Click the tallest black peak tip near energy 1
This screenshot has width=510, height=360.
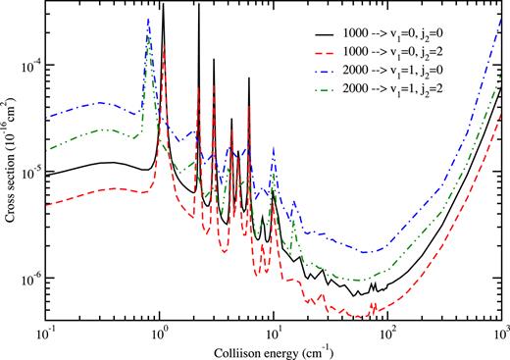tap(163, 6)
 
